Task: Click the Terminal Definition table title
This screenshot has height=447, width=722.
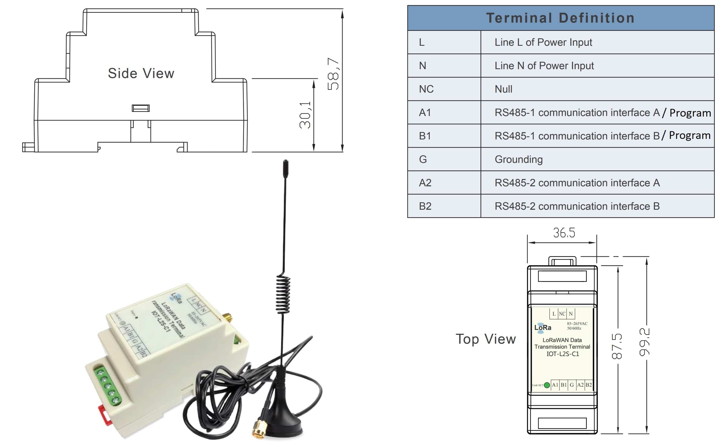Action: (560, 18)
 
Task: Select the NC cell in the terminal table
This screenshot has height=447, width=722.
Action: (426, 89)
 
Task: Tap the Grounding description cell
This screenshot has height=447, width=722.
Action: (518, 159)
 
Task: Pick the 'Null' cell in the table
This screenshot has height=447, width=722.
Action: (503, 89)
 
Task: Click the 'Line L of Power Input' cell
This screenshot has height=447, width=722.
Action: (543, 42)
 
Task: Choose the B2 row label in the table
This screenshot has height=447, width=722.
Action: (425, 206)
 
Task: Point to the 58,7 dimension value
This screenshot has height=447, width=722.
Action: (333, 74)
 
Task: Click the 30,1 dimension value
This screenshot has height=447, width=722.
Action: (305, 115)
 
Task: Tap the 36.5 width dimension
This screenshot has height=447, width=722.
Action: (564, 233)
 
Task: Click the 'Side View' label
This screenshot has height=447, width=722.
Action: (141, 73)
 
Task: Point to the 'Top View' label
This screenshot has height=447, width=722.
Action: (485, 339)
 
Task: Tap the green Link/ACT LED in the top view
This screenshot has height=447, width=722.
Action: (547, 385)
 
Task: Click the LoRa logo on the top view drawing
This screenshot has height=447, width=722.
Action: (542, 328)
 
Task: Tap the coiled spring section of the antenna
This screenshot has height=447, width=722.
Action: (283, 294)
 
